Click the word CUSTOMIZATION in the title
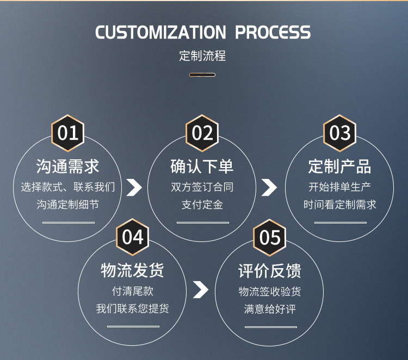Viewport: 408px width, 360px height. (160, 32)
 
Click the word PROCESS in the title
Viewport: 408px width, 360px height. (273, 32)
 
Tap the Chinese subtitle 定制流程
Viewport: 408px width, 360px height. (202, 55)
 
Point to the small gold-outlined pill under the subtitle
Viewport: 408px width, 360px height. (202, 75)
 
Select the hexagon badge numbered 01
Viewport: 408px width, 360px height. (68, 133)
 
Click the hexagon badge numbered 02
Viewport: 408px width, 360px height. (202, 133)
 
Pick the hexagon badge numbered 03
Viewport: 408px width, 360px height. (339, 133)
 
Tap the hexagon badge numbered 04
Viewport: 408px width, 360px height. (133, 237)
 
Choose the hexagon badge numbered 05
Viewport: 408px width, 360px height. (270, 238)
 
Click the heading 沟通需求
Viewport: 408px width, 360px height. (67, 166)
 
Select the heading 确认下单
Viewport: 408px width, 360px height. (202, 166)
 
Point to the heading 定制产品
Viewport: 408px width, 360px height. (339, 166)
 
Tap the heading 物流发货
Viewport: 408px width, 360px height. (132, 270)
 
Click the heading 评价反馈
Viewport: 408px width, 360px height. (270, 271)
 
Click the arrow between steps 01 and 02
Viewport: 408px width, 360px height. (134, 187)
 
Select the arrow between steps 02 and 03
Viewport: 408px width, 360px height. (269, 187)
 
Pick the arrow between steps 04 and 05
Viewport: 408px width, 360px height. (201, 289)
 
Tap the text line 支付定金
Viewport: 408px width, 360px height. (202, 204)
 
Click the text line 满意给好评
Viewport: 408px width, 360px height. (270, 309)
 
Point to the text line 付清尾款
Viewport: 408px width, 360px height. (133, 291)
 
